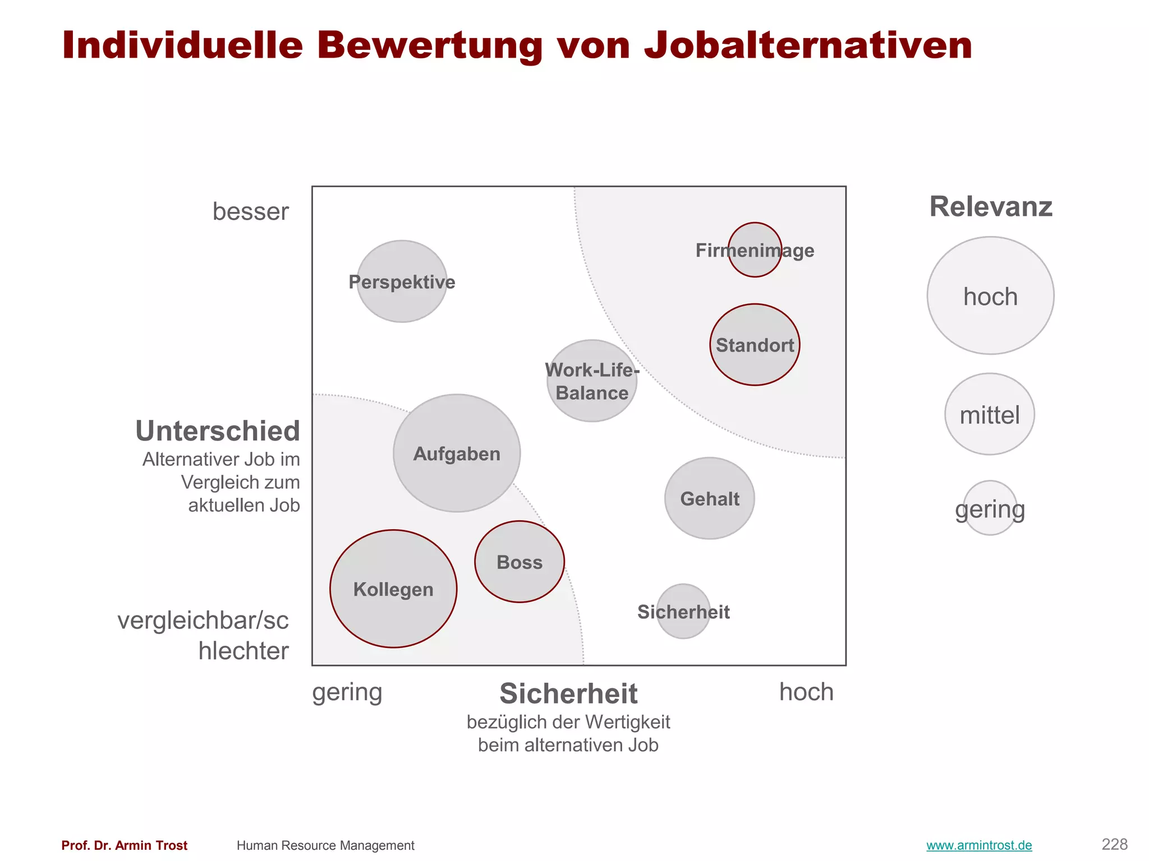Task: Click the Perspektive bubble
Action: (402, 281)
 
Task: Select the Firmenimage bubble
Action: (755, 250)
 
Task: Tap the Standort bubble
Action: (755, 345)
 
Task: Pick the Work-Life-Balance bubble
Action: (592, 381)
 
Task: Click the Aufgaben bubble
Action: (457, 453)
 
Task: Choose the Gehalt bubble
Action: (709, 498)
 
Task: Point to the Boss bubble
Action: (520, 562)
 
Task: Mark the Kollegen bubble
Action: (393, 589)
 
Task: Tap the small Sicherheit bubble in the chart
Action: (683, 612)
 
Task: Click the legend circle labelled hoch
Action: (990, 296)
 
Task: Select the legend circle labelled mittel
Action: (990, 415)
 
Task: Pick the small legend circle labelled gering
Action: (990, 508)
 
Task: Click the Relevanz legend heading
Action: (991, 207)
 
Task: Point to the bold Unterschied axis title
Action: (218, 431)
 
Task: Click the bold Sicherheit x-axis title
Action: (568, 694)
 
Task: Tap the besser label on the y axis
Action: (250, 212)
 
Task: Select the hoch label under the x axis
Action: (806, 692)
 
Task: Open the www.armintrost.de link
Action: (979, 845)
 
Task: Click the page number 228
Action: (1114, 844)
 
